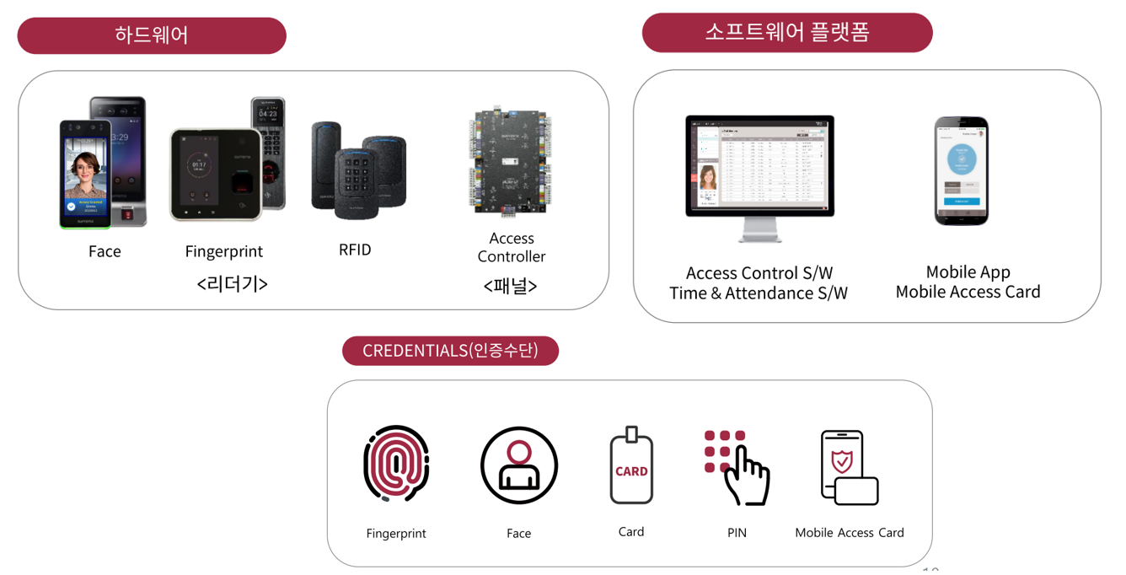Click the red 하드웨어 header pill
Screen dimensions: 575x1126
152,35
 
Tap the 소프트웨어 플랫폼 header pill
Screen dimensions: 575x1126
786,33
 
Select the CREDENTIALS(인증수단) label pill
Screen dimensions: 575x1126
450,351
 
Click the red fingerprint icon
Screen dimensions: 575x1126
396,465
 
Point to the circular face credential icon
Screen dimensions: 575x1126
519,465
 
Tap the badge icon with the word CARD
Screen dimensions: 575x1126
631,466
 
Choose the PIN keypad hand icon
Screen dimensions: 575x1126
737,467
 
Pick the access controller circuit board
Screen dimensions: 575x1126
510,160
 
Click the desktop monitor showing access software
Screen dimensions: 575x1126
759,166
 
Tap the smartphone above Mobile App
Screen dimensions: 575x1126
961,171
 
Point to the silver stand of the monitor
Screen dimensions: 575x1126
759,230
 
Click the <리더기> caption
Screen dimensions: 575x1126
232,284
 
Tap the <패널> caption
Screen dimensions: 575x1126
511,286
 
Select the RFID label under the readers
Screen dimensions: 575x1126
355,250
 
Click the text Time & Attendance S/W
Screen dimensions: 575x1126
759,293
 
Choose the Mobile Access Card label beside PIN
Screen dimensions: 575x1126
849,533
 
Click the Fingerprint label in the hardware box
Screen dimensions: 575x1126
224,251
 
